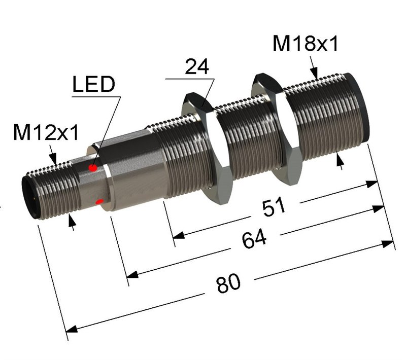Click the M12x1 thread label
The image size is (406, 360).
point(46,133)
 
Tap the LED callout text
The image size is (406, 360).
point(93,85)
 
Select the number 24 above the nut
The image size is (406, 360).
point(197,67)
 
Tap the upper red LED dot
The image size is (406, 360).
point(93,168)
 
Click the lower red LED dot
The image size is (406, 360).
point(99,203)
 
